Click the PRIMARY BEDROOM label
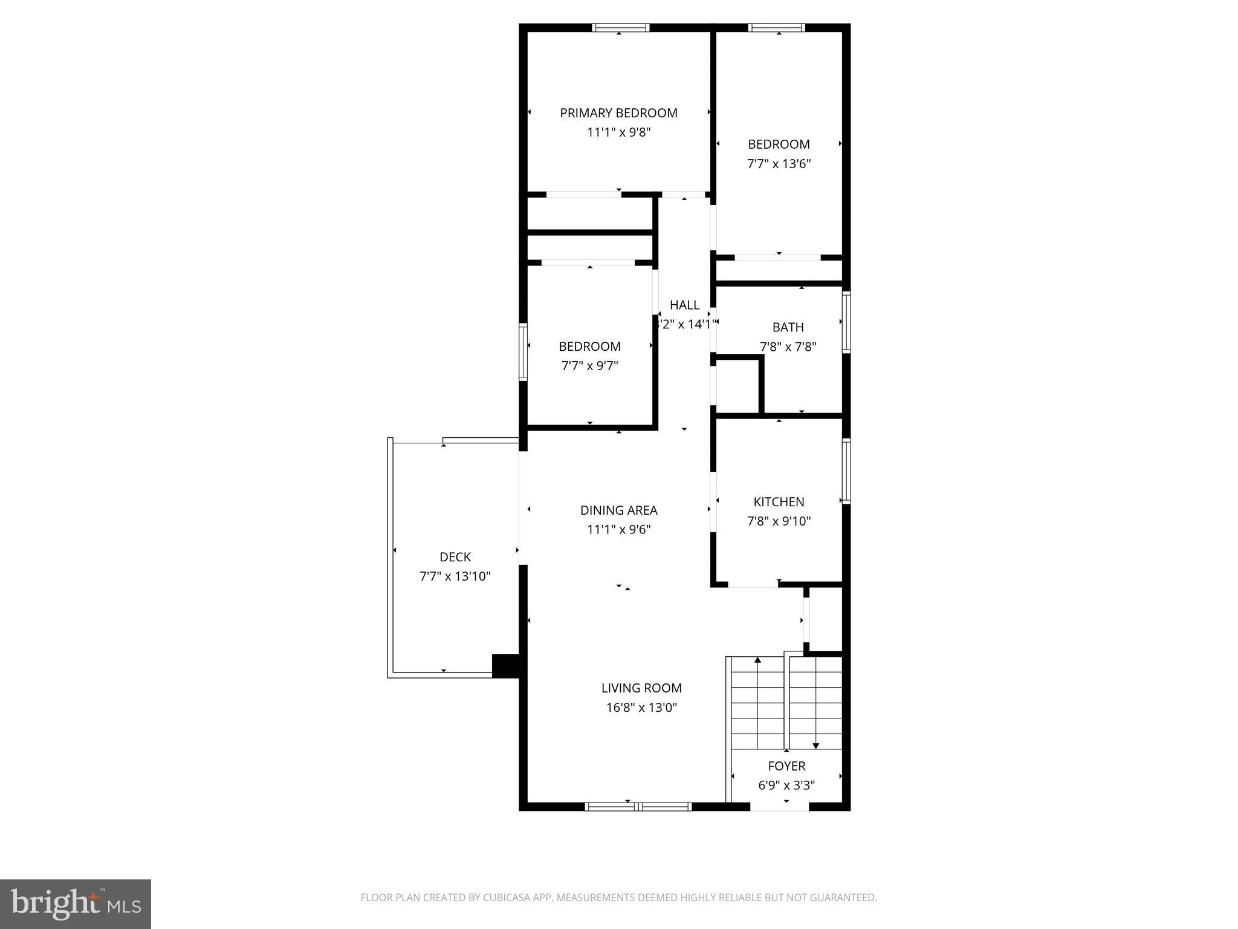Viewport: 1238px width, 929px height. click(x=618, y=113)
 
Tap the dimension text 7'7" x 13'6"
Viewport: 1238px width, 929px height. click(x=779, y=164)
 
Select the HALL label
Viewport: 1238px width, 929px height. click(x=684, y=305)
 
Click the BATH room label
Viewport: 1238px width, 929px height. click(x=788, y=327)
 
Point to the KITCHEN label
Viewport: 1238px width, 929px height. click(x=779, y=501)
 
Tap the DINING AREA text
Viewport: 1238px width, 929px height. click(x=618, y=510)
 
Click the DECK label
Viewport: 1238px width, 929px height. click(x=455, y=557)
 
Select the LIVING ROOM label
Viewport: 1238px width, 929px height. click(x=641, y=688)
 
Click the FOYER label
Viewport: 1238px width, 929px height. click(x=786, y=766)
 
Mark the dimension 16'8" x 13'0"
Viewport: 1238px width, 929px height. click(x=641, y=707)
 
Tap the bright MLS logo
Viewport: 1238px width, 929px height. click(x=76, y=904)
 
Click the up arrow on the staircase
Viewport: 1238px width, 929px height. click(x=757, y=660)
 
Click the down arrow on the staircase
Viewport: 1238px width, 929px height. click(x=815, y=745)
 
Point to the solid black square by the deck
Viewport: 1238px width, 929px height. click(x=506, y=665)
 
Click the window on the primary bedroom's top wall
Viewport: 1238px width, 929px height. click(x=620, y=27)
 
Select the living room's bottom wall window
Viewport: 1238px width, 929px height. click(x=638, y=806)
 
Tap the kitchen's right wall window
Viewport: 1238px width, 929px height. click(x=846, y=471)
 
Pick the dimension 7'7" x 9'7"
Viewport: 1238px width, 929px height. click(x=589, y=366)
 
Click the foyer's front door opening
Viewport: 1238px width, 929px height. click(x=779, y=807)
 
